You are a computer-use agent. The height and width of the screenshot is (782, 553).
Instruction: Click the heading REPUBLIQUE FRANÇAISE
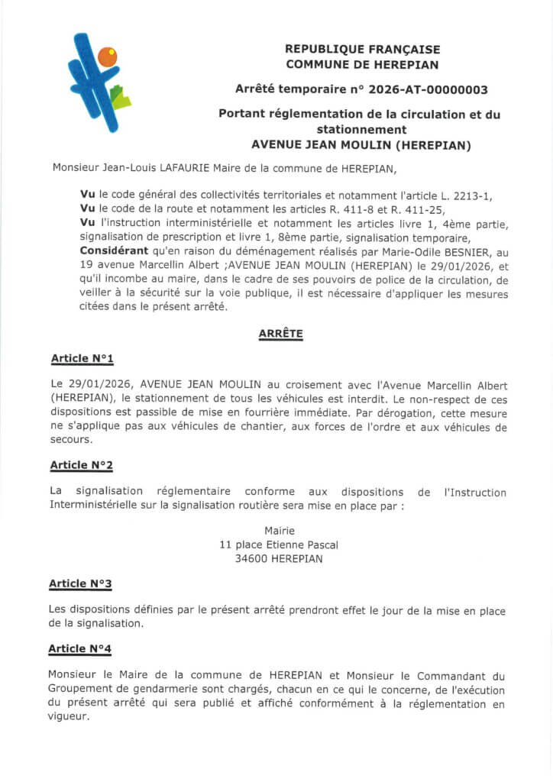click(x=362, y=48)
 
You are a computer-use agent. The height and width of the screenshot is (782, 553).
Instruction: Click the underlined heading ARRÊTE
click(x=280, y=334)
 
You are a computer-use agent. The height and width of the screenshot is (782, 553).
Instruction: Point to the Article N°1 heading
click(x=82, y=357)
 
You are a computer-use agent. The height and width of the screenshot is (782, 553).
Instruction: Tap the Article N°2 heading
click(x=82, y=464)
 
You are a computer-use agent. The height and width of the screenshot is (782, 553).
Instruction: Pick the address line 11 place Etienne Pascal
click(x=279, y=544)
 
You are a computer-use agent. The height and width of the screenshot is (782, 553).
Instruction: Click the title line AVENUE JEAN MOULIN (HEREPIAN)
click(x=361, y=144)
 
